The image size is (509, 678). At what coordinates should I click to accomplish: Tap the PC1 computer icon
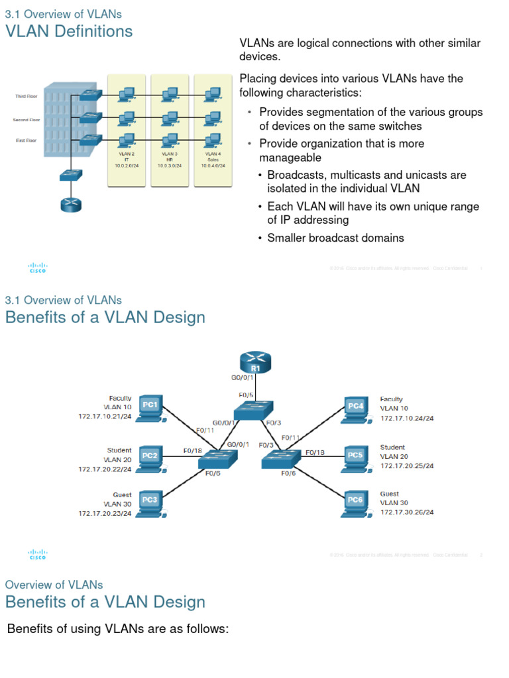(151, 408)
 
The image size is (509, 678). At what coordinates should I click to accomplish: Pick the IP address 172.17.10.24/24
(407, 418)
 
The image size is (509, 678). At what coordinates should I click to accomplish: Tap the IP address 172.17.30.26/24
(407, 512)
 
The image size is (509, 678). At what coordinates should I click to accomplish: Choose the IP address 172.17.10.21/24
(105, 417)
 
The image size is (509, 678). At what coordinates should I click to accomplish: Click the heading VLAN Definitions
(69, 31)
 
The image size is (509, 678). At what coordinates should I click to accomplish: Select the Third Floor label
(27, 97)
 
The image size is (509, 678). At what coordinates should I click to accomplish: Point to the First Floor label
(27, 140)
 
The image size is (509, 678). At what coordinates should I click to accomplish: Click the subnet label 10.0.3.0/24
(170, 166)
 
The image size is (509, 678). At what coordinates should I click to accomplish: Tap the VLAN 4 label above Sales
(213, 154)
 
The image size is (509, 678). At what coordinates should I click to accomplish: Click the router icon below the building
(70, 204)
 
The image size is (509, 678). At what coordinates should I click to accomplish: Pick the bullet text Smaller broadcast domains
(335, 238)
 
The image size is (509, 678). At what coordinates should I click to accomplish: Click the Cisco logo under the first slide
(37, 268)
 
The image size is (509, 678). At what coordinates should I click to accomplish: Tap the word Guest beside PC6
(390, 494)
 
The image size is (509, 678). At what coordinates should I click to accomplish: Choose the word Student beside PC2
(119, 450)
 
